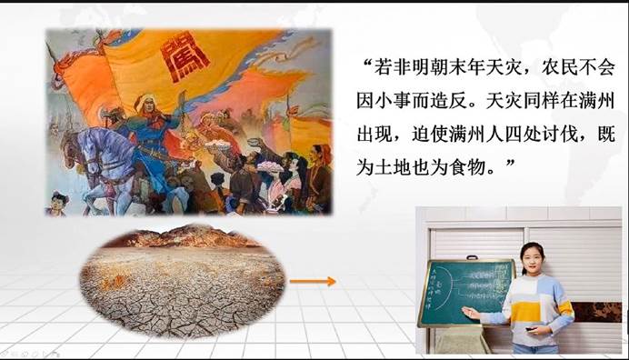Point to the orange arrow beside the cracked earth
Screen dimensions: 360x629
tap(317, 280)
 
